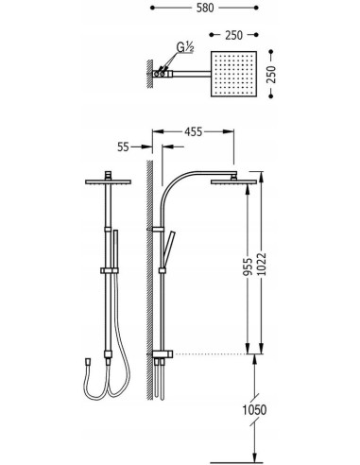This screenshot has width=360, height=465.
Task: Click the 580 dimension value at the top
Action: [205, 8]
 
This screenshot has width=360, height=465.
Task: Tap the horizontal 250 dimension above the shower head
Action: [233, 35]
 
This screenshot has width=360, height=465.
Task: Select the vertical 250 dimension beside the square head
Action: [271, 75]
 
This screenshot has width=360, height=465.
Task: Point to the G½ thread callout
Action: [185, 47]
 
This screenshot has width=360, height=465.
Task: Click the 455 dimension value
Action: [193, 131]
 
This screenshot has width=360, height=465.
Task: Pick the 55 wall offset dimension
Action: [123, 146]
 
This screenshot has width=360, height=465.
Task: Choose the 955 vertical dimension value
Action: [249, 267]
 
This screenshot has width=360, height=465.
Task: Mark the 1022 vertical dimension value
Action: [262, 265]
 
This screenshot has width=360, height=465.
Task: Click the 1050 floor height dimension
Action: [254, 410]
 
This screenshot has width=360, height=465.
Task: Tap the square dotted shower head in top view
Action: [233, 74]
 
